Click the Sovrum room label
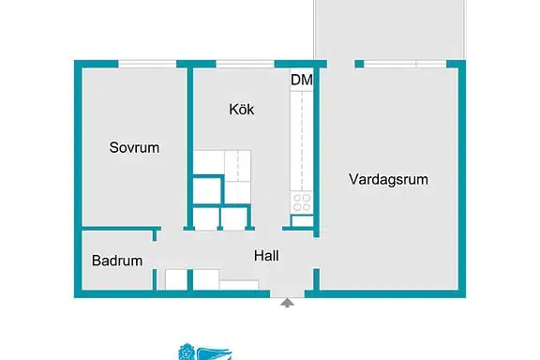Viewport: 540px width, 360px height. pos(134,147)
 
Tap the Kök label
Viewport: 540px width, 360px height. pos(242,109)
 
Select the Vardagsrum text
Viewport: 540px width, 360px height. pos(388,179)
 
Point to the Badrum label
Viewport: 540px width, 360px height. pos(117,261)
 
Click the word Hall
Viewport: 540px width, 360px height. pos(266,256)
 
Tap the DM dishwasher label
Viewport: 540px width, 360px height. pos(302,80)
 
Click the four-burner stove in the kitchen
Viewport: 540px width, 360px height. pos(302,202)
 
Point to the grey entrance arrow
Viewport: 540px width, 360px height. pos(287,303)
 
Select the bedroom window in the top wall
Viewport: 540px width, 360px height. pos(147,64)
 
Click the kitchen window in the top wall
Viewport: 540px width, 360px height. pos(246,64)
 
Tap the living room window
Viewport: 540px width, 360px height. pos(405,64)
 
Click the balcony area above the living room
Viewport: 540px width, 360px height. pos(389,29)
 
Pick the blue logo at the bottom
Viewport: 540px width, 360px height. pos(205,352)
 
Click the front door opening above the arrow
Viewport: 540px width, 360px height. pos(287,293)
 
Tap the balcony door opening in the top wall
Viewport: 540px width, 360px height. pos(341,64)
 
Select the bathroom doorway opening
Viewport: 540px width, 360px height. pos(155,255)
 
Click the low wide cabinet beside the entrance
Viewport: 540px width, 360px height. pos(239,285)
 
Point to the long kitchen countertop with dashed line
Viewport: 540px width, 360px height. pos(302,141)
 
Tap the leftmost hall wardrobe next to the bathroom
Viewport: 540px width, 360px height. pos(176,279)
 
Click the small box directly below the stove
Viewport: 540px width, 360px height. pos(302,221)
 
